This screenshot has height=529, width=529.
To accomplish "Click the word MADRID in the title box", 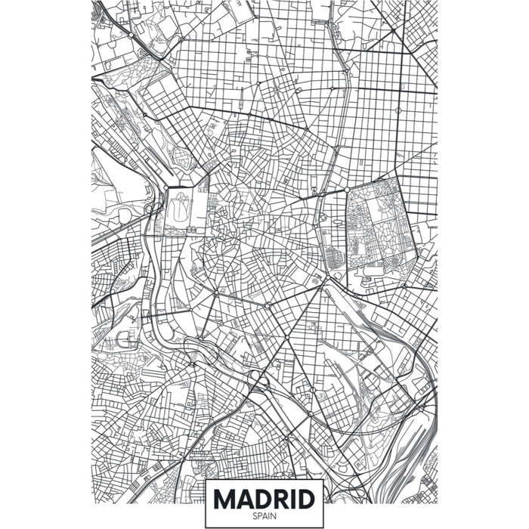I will (264, 499).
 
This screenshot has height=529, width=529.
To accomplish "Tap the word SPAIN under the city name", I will (264, 516).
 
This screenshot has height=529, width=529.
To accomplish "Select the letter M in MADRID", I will (224, 499).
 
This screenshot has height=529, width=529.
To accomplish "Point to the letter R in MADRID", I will (283, 499).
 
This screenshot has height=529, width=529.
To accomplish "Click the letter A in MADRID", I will (245, 499).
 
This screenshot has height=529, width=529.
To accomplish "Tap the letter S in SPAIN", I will (255, 516).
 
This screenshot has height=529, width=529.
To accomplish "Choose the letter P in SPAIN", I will (259, 516).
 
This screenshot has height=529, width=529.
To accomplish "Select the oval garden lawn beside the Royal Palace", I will (178, 209).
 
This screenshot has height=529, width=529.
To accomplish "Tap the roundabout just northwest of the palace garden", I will (165, 187).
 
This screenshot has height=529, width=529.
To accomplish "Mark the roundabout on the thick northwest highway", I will (130, 35).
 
